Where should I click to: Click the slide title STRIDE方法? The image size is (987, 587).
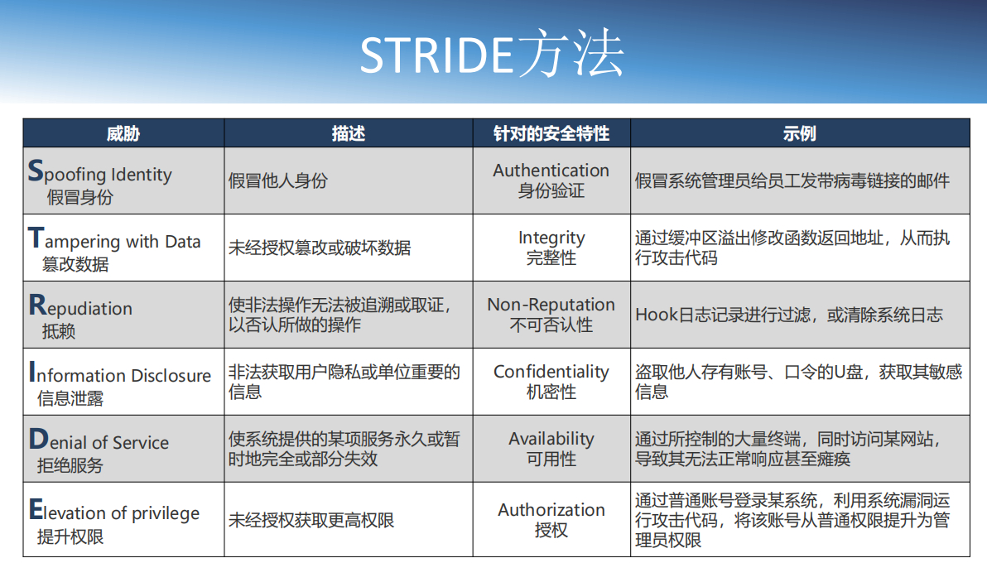(492, 55)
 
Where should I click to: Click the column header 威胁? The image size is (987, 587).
(123, 133)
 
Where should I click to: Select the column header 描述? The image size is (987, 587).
(348, 133)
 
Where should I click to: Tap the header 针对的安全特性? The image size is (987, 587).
(551, 133)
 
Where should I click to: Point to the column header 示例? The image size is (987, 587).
(799, 133)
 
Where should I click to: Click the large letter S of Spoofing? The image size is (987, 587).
(35, 171)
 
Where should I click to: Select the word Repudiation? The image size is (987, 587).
(80, 308)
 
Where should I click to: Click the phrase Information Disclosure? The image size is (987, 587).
(119, 375)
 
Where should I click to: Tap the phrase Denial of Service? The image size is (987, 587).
(99, 442)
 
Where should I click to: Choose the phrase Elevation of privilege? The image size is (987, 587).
(113, 512)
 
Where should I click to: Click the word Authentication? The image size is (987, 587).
(551, 171)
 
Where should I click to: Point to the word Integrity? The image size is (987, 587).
(551, 238)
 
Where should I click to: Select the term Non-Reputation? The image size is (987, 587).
(551, 305)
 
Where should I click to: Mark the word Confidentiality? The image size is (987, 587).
(551, 372)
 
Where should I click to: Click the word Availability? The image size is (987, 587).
(551, 439)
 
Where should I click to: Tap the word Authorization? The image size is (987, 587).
(551, 510)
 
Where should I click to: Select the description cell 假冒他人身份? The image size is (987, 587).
(277, 180)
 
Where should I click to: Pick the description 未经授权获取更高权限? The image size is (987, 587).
(311, 520)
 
